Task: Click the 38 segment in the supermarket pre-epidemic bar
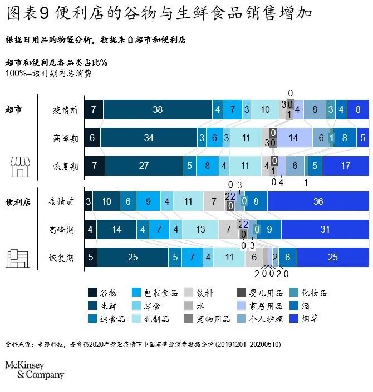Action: click(x=158, y=110)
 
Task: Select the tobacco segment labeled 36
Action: click(x=318, y=201)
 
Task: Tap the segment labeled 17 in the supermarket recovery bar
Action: click(x=345, y=166)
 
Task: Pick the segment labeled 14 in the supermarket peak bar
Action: click(x=294, y=138)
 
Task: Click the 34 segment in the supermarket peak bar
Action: click(x=148, y=138)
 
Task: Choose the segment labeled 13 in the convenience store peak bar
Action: click(x=200, y=229)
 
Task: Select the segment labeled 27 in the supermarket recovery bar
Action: click(x=144, y=166)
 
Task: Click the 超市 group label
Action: click(x=14, y=109)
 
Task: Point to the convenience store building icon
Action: click(x=17, y=258)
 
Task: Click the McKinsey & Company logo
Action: click(x=35, y=370)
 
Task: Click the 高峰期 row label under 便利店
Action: click(x=61, y=229)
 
